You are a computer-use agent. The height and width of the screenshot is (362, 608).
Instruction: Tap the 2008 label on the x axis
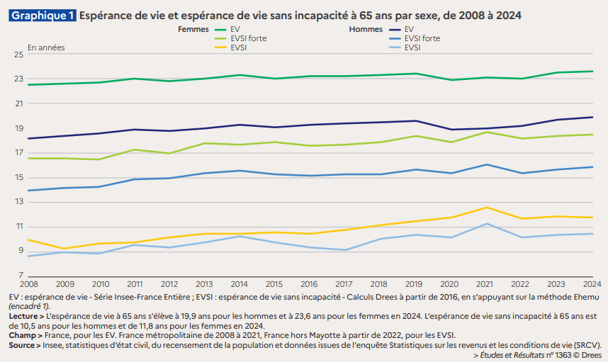coord(29,282)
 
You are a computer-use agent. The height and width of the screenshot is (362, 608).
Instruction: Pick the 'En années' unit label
coord(46,47)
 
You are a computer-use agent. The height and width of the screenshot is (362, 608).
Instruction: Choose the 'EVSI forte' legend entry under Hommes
coord(422,38)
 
